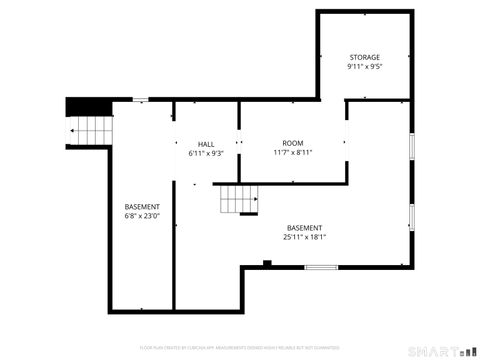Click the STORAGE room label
365,58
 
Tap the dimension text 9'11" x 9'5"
365,67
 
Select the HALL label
206,144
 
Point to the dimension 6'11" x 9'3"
206,154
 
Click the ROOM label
292,143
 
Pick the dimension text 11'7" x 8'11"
292,153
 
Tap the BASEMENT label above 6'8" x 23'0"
142,206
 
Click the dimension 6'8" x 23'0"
142,216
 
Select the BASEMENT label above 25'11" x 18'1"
304,227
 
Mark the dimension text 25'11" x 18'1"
304,237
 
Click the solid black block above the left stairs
88,106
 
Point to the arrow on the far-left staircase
73,130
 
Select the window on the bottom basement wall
320,267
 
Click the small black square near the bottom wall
267,263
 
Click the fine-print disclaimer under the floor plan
239,347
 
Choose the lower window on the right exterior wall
411,216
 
